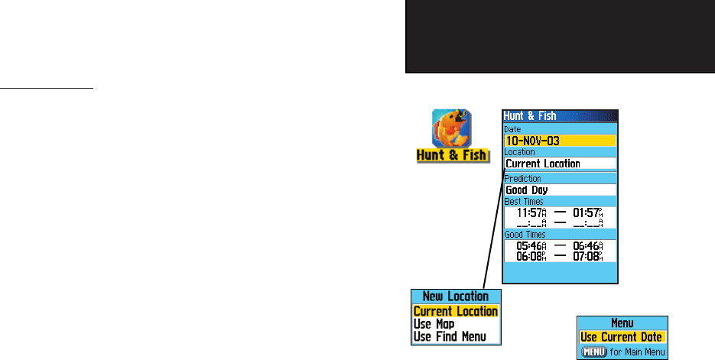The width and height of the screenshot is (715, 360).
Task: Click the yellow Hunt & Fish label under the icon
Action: coord(450,155)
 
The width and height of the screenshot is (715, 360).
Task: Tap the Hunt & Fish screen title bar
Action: coord(559,116)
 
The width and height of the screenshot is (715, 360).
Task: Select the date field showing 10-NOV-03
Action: coord(560,141)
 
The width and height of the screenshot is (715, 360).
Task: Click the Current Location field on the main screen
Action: coord(560,164)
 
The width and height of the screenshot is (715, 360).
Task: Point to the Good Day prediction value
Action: coord(560,190)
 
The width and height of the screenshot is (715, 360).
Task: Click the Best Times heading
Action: coord(525,201)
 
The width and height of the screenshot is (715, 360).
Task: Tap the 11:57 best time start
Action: coord(531,212)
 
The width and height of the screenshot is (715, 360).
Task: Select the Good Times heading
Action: coord(525,235)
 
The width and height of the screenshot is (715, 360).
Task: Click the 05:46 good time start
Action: coord(531,246)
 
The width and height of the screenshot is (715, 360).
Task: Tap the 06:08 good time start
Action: coord(531,256)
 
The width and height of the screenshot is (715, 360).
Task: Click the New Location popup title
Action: coord(456,297)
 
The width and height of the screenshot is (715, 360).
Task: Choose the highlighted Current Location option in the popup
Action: coord(456,311)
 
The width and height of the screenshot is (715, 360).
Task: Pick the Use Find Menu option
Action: coord(450,336)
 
